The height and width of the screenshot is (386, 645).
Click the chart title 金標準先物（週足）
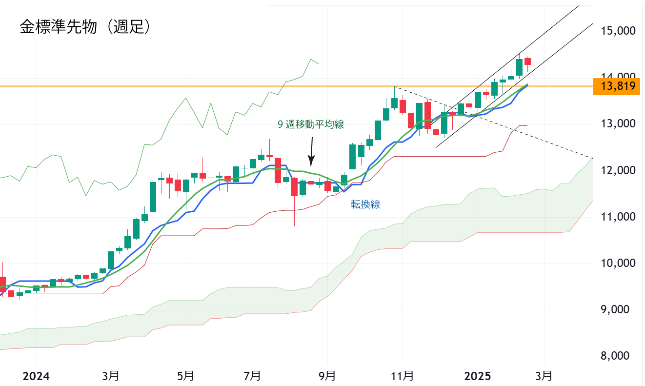click(x=85, y=27)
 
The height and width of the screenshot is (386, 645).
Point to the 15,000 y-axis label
click(x=618, y=31)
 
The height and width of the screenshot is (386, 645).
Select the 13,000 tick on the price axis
click(x=618, y=124)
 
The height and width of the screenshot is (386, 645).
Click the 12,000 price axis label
click(x=618, y=170)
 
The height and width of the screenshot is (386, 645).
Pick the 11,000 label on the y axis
click(x=618, y=217)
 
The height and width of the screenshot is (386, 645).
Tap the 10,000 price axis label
click(x=618, y=264)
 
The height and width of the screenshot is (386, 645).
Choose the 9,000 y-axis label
click(x=618, y=310)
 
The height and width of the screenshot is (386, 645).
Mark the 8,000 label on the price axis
click(x=618, y=356)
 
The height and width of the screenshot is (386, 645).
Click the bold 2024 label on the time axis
click(x=37, y=376)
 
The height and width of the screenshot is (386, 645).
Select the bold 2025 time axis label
click(x=478, y=376)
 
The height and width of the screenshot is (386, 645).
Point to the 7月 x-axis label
click(x=253, y=376)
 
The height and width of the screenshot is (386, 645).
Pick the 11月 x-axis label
click(x=403, y=376)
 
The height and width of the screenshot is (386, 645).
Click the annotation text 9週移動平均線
click(x=311, y=124)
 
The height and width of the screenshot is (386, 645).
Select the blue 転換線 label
click(x=365, y=205)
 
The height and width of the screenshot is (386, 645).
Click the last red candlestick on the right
click(x=527, y=61)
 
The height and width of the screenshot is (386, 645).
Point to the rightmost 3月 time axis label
click(x=544, y=376)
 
